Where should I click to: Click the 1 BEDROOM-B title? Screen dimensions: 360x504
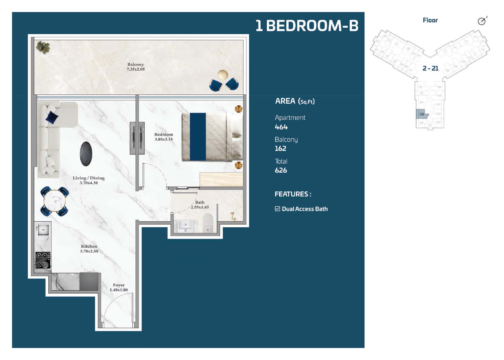(307, 25)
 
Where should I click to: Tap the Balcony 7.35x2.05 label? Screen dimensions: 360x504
(136, 67)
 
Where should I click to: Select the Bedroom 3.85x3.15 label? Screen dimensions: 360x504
(164, 137)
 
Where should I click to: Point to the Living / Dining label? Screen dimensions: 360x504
(88, 180)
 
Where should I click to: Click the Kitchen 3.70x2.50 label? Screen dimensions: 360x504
(89, 249)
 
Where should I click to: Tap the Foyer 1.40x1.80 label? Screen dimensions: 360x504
(119, 287)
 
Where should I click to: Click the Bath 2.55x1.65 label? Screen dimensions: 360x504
(200, 205)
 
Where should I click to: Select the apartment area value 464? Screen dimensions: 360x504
(281, 127)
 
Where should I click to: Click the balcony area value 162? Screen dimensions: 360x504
(281, 148)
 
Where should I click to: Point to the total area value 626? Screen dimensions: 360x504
(281, 170)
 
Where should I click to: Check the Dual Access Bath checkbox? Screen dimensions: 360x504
(277, 209)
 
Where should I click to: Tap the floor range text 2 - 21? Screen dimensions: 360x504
(430, 68)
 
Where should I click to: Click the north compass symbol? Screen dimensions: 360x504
(482, 21)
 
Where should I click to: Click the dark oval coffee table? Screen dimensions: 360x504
(86, 154)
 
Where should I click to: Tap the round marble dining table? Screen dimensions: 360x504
(55, 201)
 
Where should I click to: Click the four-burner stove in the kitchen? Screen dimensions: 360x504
(43, 260)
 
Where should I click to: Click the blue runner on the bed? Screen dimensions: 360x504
(198, 137)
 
